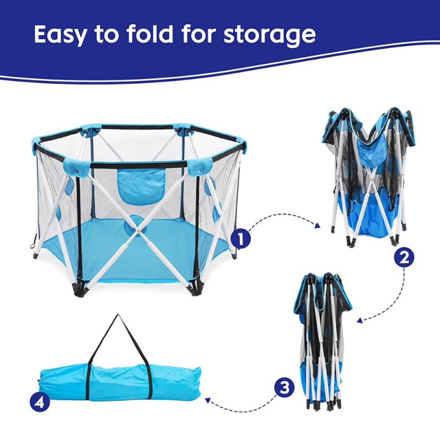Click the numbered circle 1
(x=241, y=239)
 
